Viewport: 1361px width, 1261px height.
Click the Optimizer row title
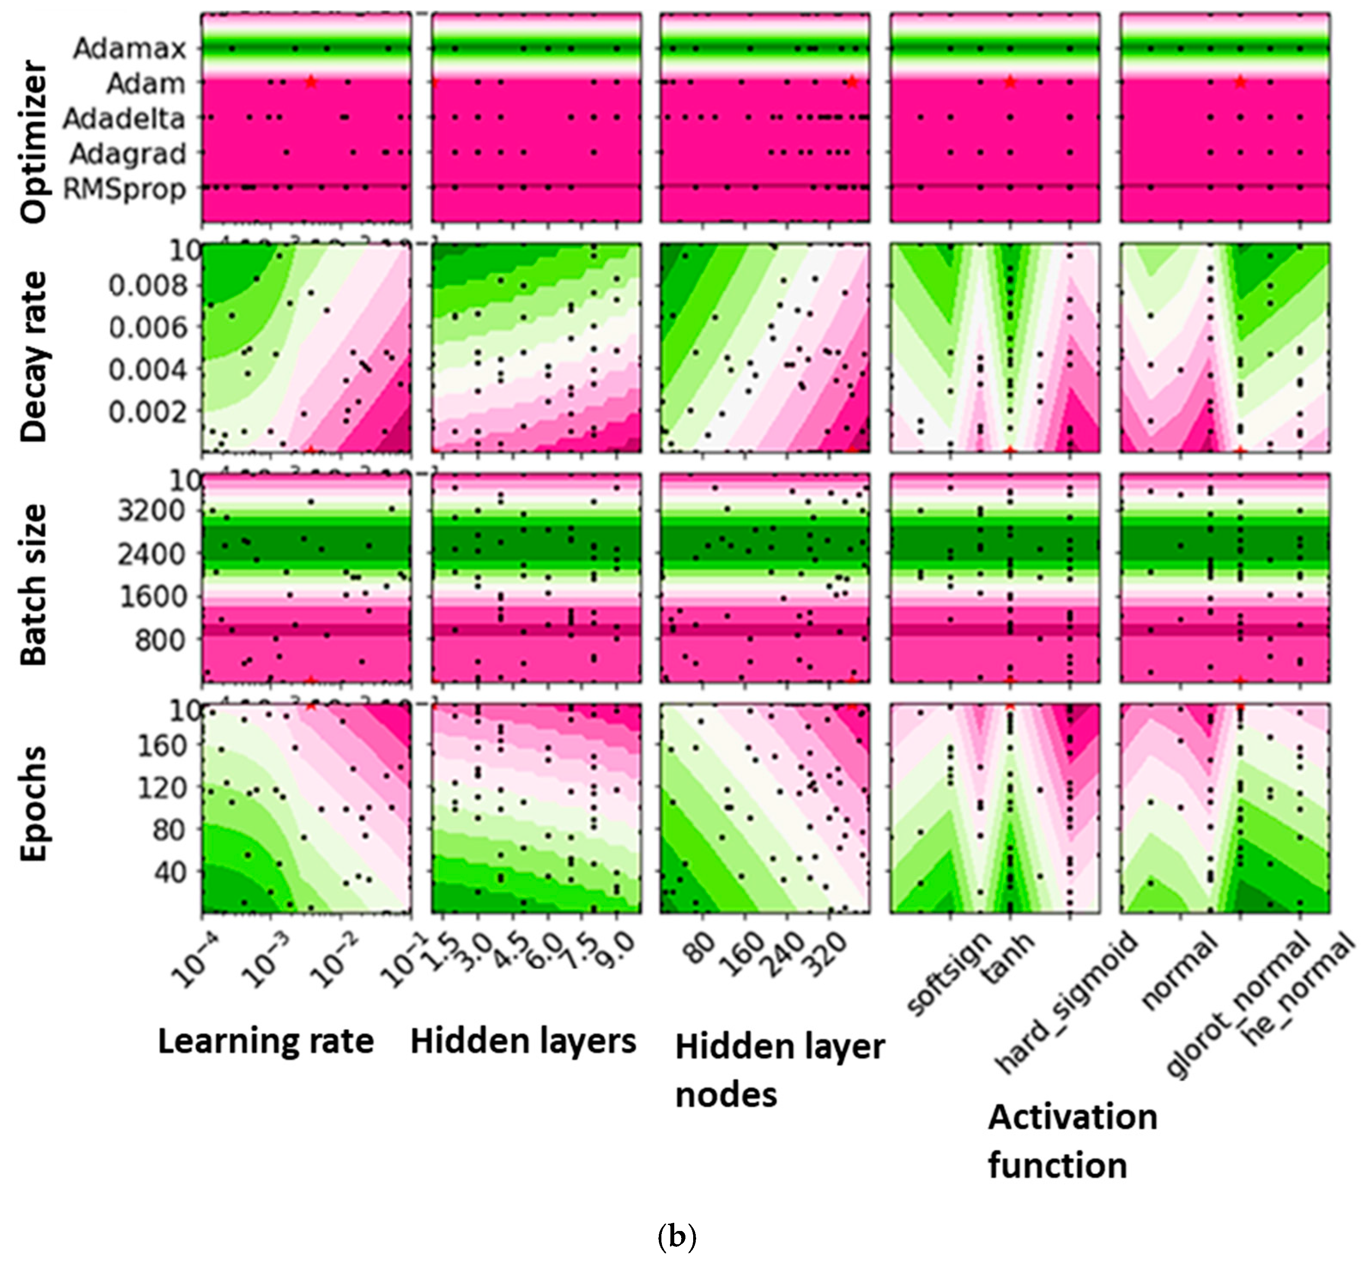coord(34,142)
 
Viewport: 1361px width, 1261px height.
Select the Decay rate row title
coord(34,356)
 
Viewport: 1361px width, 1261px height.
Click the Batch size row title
coord(34,584)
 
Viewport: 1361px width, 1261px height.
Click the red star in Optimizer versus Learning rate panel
coord(311,82)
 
